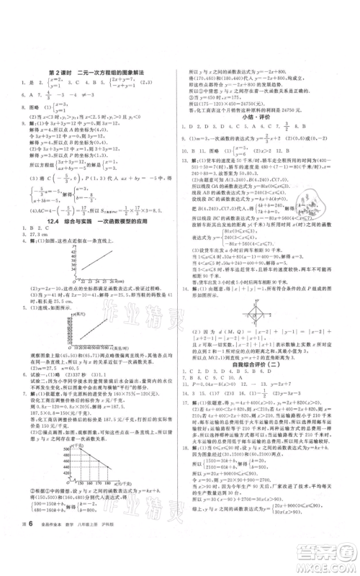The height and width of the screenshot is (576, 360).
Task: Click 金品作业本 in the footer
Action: pyautogui.click(x=65, y=549)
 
